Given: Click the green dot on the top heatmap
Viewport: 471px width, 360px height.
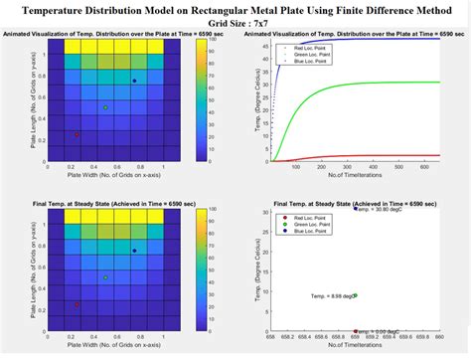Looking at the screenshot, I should tap(105, 107).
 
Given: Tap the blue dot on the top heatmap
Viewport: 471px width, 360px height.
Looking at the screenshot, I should tap(134, 81).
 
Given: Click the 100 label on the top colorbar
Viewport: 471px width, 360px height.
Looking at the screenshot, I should tap(212, 41).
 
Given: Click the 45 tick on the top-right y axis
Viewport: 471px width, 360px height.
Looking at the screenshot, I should tap(261, 40).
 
